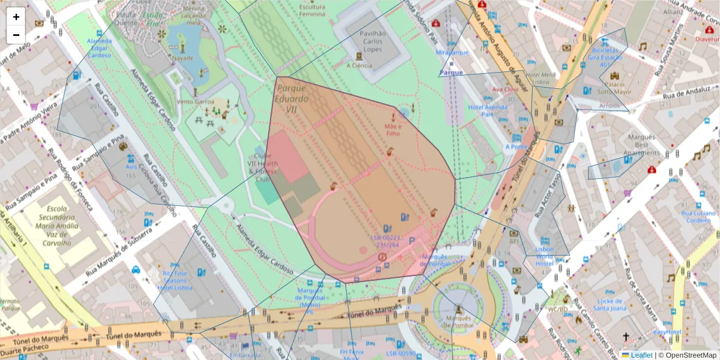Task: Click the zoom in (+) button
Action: point(16,17)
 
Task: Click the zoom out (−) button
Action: point(16,35)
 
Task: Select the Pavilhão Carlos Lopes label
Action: point(371,41)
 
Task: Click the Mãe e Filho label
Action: point(392,130)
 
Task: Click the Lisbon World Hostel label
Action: point(544,256)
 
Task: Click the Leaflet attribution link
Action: point(641,355)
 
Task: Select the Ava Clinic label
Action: point(505,89)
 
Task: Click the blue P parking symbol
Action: point(412,241)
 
